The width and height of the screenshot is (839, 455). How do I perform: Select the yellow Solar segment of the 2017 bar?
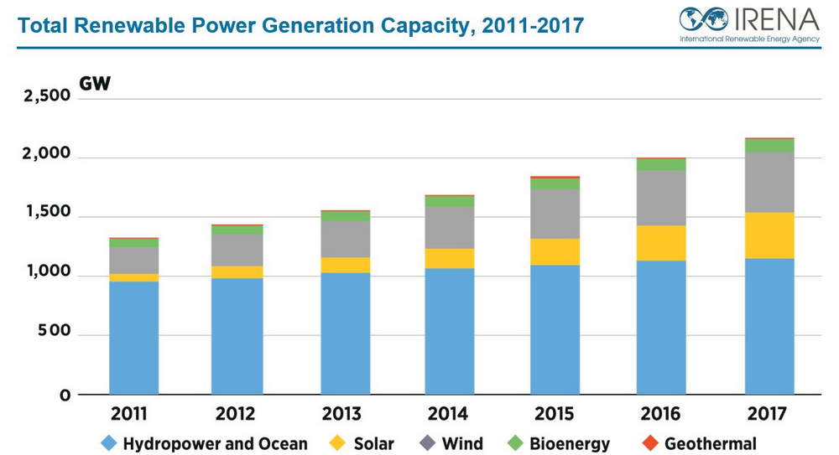[x=769, y=235]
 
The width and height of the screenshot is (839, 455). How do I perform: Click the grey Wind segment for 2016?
[x=662, y=198]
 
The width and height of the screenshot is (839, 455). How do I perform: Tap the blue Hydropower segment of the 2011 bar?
[x=133, y=338]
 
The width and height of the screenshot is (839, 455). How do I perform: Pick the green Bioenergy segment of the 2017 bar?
[x=769, y=146]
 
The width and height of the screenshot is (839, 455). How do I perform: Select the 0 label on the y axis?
[x=65, y=395]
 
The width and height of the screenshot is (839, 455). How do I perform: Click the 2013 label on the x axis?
[x=341, y=415]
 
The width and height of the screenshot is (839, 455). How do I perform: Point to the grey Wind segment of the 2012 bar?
[x=237, y=250]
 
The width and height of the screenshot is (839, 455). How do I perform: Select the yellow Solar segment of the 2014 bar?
[x=450, y=259]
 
